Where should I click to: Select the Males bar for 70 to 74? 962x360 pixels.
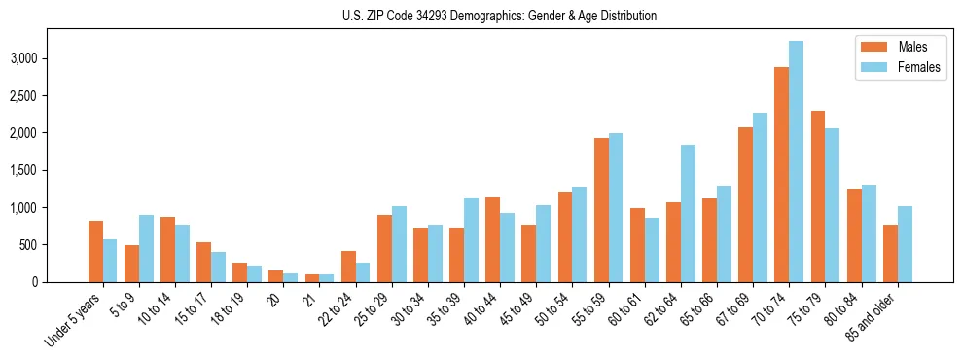click(x=781, y=175)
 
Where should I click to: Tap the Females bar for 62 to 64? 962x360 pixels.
click(x=688, y=214)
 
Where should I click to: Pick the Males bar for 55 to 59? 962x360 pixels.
click(x=601, y=210)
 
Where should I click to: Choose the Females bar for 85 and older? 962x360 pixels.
click(x=905, y=244)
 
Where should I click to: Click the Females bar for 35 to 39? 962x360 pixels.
click(x=471, y=240)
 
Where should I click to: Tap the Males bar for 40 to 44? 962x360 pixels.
click(x=492, y=239)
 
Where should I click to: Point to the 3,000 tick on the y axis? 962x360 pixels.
click(x=49, y=58)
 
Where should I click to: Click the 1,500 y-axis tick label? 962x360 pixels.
click(x=49, y=170)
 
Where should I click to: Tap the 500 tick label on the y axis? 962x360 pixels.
click(x=54, y=245)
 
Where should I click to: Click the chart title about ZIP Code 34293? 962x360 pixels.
click(x=499, y=16)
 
